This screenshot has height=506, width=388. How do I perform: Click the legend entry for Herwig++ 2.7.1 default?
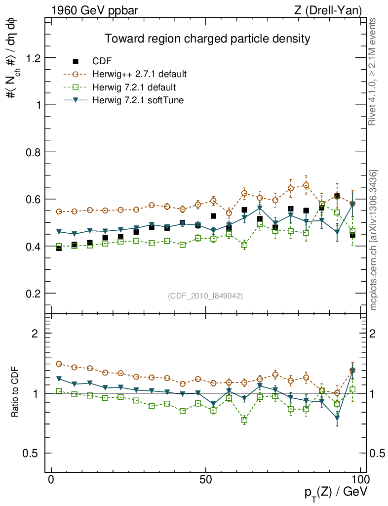point(140,75)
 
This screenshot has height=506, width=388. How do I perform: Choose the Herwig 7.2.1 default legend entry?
point(134,87)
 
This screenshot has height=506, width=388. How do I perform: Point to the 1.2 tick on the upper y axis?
point(33,58)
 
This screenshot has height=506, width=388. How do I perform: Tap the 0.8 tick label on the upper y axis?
point(33,152)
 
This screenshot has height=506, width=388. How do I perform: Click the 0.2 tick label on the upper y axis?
point(33,294)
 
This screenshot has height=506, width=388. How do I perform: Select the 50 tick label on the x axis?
point(206,479)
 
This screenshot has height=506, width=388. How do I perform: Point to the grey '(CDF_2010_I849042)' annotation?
point(205,295)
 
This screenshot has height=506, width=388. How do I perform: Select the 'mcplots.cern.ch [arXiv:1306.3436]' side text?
point(374,240)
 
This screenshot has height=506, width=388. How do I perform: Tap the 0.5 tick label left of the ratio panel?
point(33,453)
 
